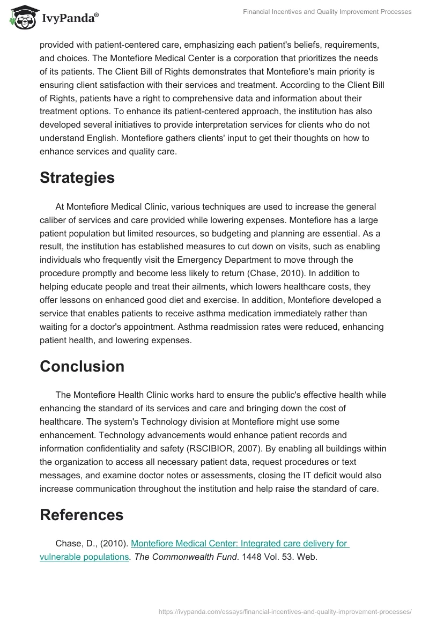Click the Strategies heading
click(77, 178)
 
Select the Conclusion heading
click(82, 366)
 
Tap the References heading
click(82, 515)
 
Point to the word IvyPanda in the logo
click(69, 19)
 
